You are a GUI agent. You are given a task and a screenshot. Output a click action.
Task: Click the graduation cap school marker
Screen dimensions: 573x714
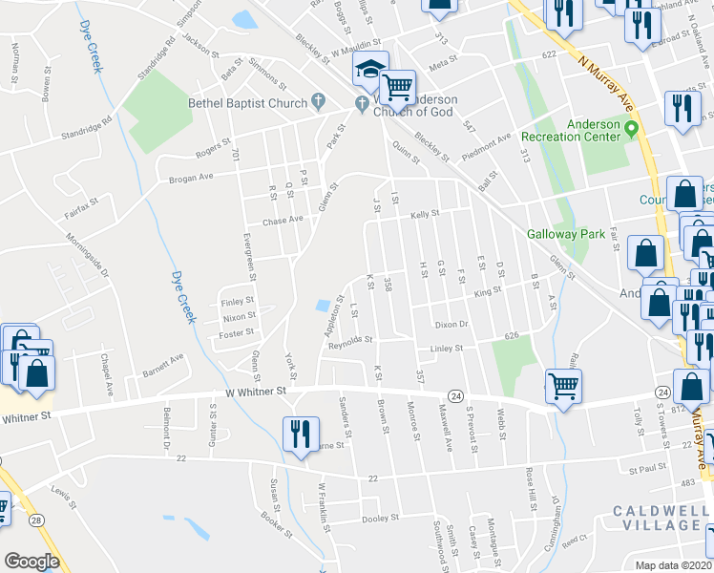pos(368,69)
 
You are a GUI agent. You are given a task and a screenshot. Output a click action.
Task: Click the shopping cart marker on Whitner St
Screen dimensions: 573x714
pos(564,387)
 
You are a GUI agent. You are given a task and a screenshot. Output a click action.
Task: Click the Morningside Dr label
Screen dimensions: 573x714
pos(88,258)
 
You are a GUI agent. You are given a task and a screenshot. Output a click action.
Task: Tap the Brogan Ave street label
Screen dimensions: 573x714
pos(196,179)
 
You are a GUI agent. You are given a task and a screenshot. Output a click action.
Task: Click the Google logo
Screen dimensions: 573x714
pos(31,562)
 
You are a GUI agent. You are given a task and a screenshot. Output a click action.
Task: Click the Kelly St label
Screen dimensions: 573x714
pos(424,214)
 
